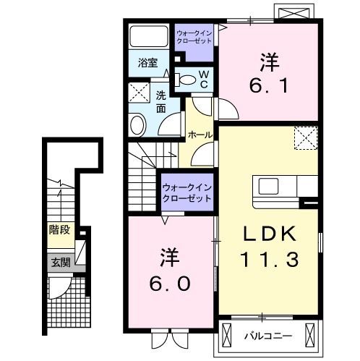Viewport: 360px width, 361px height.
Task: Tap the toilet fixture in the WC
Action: point(187,80)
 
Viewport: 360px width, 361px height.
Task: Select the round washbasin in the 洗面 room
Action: point(137,124)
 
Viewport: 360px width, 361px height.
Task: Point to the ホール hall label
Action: point(200,135)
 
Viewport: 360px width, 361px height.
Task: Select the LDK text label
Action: point(268,234)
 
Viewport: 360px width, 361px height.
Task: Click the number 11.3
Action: point(268,258)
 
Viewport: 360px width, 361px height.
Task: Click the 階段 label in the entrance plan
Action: point(59,231)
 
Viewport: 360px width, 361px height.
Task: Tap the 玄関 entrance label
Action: point(60,263)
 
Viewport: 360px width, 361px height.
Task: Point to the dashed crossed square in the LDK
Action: point(305,137)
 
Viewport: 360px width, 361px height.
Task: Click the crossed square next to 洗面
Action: point(138,92)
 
